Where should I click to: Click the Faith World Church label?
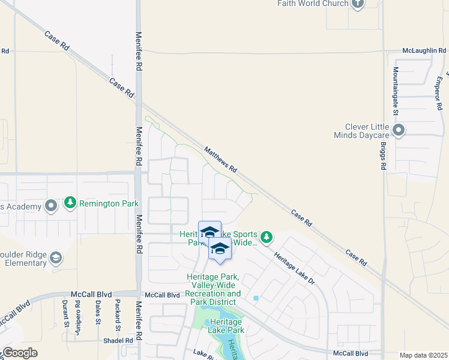tap(313, 4)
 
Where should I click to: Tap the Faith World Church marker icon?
tap(358, 4)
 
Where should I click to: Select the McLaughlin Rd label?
tap(426, 51)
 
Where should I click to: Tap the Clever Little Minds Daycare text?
tap(367, 131)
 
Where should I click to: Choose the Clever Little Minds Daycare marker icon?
tap(399, 130)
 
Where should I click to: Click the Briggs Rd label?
tap(384, 156)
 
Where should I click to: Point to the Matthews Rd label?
tap(221, 160)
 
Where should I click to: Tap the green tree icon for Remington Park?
tap(70, 203)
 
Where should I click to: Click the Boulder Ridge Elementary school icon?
tap(55, 258)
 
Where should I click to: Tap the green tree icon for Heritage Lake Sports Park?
tap(267, 238)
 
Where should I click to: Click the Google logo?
tap(20, 353)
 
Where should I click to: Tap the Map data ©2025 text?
tap(423, 355)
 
